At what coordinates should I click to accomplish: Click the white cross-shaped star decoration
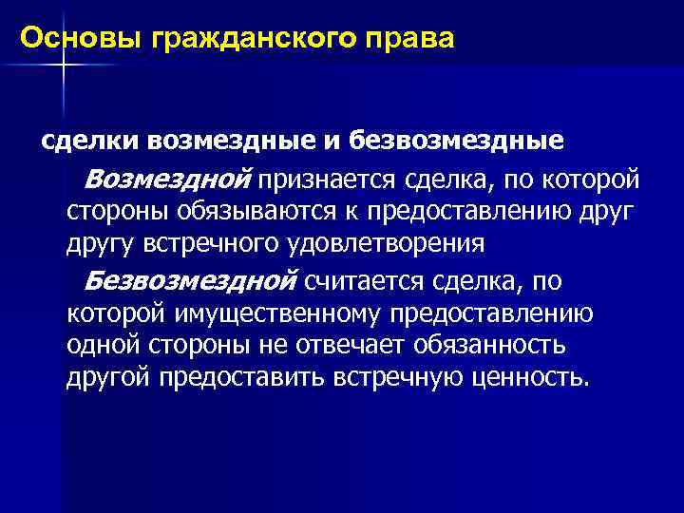click(x=63, y=65)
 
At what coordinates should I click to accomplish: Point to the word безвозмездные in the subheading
click(x=457, y=142)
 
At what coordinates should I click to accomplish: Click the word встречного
click(x=211, y=243)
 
